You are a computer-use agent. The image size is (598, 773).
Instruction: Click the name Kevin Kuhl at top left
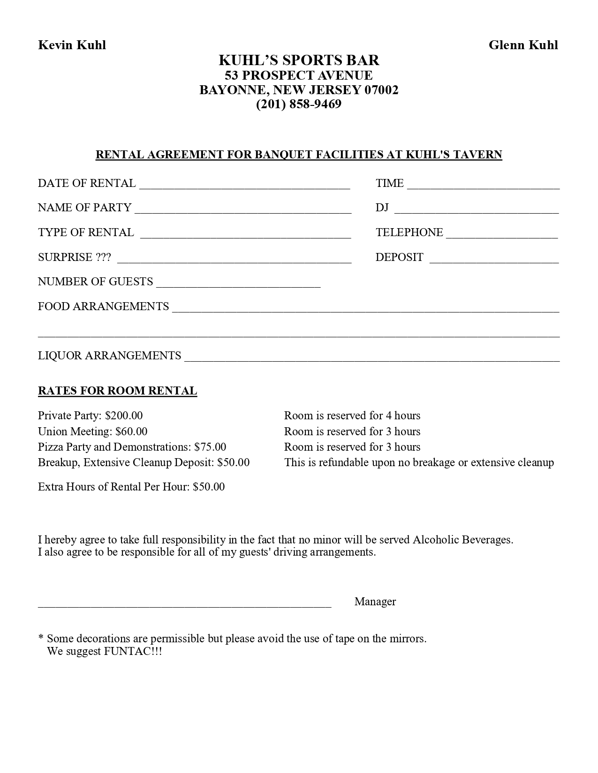click(72, 45)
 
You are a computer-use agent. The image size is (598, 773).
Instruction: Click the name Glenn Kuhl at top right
click(523, 45)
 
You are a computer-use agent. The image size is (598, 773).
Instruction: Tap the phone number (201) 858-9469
click(299, 104)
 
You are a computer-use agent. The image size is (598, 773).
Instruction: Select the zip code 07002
click(381, 89)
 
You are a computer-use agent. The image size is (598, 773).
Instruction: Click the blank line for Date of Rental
click(244, 186)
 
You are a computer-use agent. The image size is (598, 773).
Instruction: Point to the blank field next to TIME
click(483, 186)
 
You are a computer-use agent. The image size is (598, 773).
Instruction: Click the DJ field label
click(382, 208)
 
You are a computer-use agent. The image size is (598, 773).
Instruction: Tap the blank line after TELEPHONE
click(502, 235)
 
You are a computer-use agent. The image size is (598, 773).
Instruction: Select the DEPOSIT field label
click(399, 257)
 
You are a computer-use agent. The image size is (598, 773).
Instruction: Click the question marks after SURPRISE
click(103, 257)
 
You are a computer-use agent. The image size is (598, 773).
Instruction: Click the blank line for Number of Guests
click(238, 284)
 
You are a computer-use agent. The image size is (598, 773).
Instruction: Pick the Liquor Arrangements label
click(109, 356)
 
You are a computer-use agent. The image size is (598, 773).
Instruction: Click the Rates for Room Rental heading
click(117, 391)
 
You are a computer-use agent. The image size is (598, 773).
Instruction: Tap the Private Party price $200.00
click(124, 416)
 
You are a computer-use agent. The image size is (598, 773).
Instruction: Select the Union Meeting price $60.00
click(131, 431)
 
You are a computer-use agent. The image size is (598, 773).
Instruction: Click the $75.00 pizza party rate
click(210, 447)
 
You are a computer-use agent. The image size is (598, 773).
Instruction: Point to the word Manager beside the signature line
click(375, 602)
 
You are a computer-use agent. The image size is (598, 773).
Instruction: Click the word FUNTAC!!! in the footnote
click(133, 651)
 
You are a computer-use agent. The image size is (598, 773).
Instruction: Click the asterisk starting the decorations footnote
click(41, 639)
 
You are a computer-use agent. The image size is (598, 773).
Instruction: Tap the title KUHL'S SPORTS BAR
click(299, 60)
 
